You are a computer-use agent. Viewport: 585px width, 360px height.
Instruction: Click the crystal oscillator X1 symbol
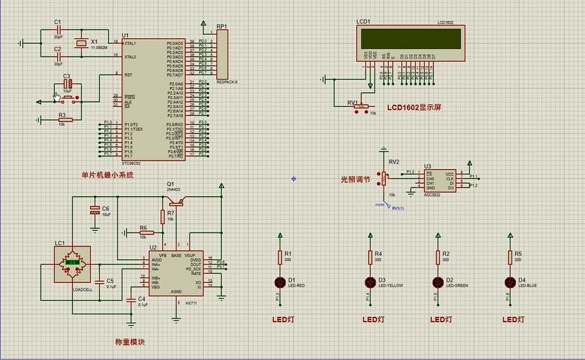click(x=80, y=43)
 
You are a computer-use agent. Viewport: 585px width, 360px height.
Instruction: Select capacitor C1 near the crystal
click(x=58, y=29)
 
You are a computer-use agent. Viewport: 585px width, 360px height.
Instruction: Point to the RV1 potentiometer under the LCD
click(x=361, y=106)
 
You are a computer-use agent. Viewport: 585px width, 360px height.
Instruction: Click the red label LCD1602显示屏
click(x=414, y=107)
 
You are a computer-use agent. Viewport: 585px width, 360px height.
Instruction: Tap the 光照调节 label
click(x=355, y=179)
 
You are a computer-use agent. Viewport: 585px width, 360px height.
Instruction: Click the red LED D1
click(x=280, y=282)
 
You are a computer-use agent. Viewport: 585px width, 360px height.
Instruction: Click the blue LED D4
click(x=510, y=282)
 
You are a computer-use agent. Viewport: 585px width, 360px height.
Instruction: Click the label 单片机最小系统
click(x=107, y=175)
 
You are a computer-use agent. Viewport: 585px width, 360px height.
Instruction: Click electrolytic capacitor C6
click(x=95, y=210)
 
